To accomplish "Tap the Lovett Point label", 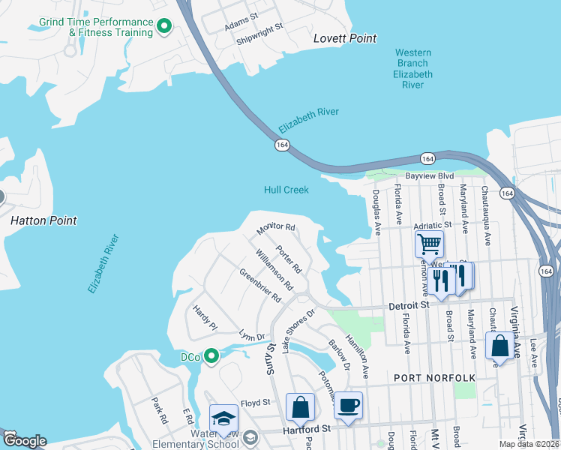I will pos(344,38).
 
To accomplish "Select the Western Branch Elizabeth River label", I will pos(412,68).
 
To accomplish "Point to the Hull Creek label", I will pos(286,190).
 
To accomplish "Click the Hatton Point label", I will pos(43,220).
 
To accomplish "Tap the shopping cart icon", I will pos(429,243).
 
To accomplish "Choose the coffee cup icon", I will pos(348,406).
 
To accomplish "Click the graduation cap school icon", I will pos(223,418).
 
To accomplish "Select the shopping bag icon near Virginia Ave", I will pos(499,346).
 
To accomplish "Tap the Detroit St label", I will pos(409,306).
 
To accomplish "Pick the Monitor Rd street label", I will pos(276,226).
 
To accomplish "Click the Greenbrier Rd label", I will pos(260,285).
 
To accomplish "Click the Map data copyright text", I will pos(529,444).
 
